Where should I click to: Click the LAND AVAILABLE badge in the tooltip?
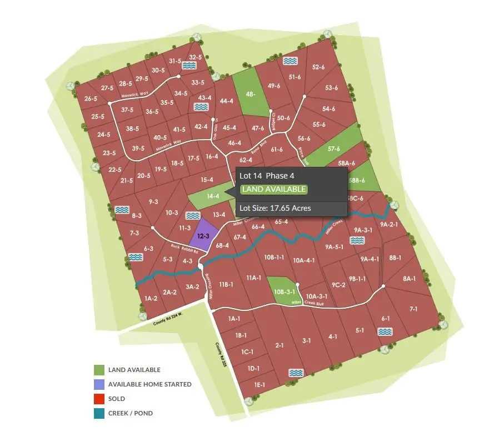[273, 190]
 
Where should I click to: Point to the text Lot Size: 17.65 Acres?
[275, 209]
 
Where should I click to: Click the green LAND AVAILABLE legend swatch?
[99, 370]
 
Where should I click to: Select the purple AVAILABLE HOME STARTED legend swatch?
[99, 384]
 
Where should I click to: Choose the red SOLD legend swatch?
[99, 399]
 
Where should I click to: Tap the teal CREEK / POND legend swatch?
[99, 413]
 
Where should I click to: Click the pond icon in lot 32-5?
[190, 66]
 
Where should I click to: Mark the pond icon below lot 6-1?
[384, 331]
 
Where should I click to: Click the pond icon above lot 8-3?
[122, 210]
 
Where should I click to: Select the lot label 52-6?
[318, 67]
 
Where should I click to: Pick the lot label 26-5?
[91, 98]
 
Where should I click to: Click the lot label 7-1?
[413, 309]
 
